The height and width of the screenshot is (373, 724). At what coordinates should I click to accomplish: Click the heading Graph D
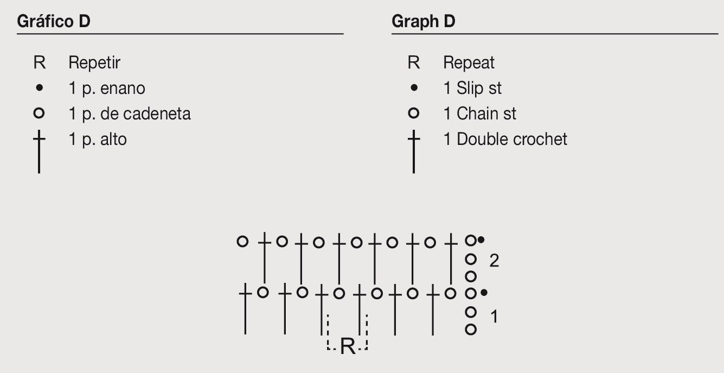click(x=424, y=21)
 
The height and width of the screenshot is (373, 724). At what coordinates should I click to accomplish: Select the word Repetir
click(x=94, y=62)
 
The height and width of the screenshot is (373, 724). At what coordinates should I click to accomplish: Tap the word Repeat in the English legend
click(x=469, y=62)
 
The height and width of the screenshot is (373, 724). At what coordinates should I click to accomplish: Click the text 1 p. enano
click(x=107, y=88)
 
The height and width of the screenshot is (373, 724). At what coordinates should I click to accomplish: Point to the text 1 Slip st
click(x=472, y=88)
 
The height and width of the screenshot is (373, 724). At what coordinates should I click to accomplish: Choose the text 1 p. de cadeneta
click(x=130, y=114)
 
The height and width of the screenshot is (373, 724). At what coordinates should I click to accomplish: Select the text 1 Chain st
click(x=479, y=113)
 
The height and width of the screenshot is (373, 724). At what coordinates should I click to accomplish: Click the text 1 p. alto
click(x=98, y=140)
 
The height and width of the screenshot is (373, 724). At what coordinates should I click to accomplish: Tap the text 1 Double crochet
click(x=505, y=139)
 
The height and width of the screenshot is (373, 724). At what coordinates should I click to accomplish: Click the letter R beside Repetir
click(x=40, y=62)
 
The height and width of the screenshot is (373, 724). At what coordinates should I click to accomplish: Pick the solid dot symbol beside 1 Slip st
click(x=414, y=87)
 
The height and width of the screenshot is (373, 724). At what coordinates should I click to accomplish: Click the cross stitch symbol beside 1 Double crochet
click(x=414, y=151)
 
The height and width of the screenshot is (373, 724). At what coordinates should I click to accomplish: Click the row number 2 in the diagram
click(x=494, y=261)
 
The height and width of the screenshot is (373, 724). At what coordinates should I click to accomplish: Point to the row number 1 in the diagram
click(x=494, y=317)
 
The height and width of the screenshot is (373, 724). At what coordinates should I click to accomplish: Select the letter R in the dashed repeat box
click(x=348, y=346)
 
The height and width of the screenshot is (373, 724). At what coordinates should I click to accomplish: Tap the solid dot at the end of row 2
click(x=481, y=240)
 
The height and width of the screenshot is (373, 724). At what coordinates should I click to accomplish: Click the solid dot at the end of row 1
click(x=484, y=293)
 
